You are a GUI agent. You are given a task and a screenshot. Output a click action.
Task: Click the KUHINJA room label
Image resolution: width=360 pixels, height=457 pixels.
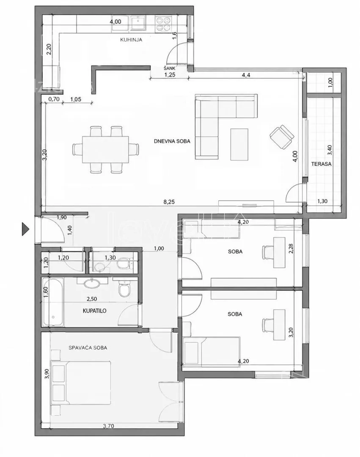[x=131, y=40]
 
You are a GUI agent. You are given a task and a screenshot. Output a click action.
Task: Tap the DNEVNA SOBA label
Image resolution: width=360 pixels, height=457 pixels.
[x=172, y=141]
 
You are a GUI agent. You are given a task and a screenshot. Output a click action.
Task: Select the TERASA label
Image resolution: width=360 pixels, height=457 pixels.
[x=321, y=164]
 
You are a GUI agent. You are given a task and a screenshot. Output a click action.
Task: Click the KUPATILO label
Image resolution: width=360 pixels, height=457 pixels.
[x=95, y=311]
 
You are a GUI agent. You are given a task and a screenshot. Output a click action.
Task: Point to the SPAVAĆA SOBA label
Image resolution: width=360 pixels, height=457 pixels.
[x=88, y=347]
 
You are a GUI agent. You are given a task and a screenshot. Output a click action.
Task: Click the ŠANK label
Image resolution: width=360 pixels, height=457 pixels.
[x=170, y=68]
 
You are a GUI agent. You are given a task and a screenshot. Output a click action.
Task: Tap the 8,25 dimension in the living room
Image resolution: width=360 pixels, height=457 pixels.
[x=169, y=202]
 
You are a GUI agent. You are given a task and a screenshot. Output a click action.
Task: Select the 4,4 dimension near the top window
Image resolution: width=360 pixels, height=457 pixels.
[x=246, y=75]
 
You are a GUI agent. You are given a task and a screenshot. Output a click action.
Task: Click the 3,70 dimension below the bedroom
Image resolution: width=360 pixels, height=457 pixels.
[x=108, y=426]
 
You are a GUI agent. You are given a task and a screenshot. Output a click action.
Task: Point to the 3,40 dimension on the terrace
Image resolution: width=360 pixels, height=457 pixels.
[x=330, y=150]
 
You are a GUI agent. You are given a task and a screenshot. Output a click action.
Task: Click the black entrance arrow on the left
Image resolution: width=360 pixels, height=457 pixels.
[x=26, y=229]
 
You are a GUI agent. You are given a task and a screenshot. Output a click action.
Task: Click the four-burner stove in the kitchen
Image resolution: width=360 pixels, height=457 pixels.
[x=163, y=24]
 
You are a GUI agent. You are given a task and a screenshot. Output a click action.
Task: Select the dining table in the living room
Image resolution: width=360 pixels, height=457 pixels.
[x=105, y=150]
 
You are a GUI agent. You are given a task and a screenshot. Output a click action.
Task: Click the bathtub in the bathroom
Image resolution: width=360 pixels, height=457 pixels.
[x=53, y=302]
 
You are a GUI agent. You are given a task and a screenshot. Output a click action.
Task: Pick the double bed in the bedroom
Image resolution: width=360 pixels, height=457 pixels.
[x=81, y=383]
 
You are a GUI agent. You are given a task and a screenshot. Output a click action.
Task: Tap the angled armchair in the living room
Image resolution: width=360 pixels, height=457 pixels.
[x=282, y=137]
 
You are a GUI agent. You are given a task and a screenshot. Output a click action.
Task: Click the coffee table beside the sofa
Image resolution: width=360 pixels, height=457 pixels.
[x=239, y=145]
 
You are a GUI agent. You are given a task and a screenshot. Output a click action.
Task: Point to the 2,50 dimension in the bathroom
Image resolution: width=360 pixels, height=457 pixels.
[x=92, y=299]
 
